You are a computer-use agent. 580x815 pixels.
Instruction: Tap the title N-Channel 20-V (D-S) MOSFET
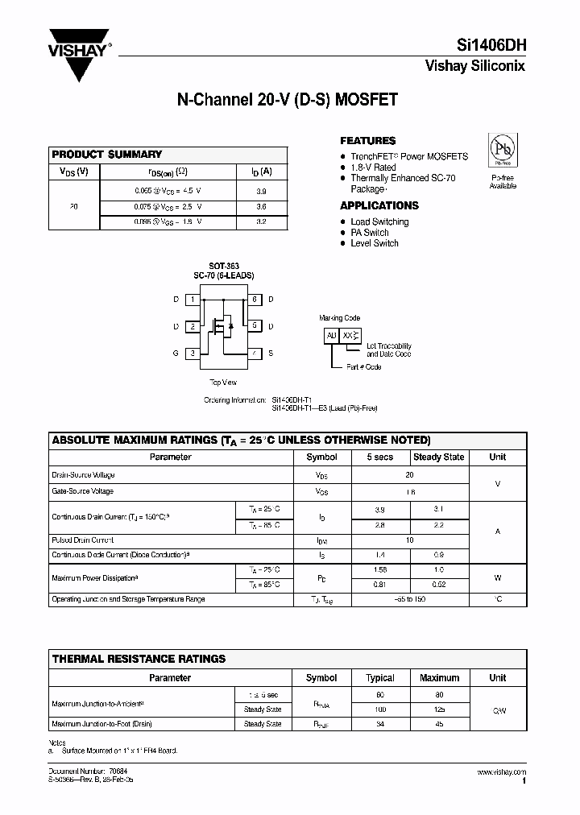[287, 101]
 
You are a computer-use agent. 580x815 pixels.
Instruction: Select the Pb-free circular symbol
[503, 150]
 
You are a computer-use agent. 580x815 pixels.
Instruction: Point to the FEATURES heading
[368, 140]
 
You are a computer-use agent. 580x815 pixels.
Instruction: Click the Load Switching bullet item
[379, 221]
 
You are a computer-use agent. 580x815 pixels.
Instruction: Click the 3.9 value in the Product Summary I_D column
[260, 192]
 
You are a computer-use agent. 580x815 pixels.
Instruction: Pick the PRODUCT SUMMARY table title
[107, 154]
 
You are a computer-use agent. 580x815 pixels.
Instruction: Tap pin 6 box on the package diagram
[254, 300]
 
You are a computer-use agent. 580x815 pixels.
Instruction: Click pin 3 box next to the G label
[193, 353]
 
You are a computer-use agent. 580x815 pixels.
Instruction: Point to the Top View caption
[223, 383]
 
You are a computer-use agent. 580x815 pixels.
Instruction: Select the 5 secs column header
[380, 457]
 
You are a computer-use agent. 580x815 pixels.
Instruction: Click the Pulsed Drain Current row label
[82, 540]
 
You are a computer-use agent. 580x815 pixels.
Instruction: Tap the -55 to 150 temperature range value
[410, 599]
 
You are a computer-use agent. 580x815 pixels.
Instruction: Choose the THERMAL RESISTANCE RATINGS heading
[139, 658]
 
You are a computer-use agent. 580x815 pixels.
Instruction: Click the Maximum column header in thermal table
[440, 677]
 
